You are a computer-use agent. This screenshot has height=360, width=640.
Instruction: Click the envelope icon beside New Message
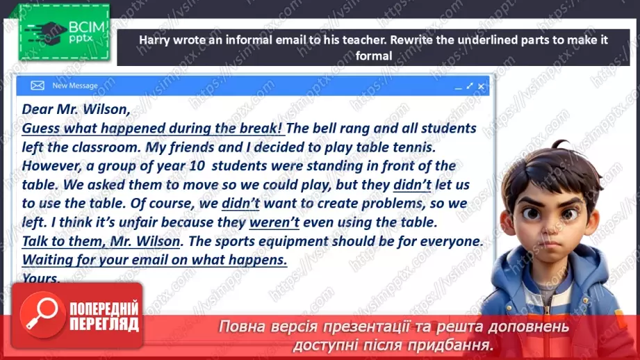[38, 85]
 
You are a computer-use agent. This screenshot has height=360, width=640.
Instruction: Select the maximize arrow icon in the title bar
[470, 86]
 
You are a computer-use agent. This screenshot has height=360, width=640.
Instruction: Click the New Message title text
[75, 85]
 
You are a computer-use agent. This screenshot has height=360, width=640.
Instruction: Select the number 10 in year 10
[179, 165]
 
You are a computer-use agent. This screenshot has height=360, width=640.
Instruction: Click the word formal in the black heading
[374, 56]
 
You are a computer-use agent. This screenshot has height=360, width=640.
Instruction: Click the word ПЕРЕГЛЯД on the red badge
[104, 323]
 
